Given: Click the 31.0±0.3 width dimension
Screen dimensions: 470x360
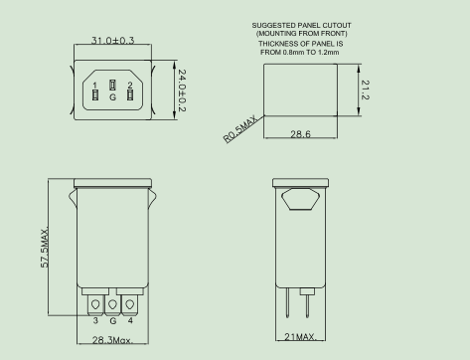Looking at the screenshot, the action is point(112,41).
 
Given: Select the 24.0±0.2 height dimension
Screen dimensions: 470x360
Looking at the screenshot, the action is point(182,90).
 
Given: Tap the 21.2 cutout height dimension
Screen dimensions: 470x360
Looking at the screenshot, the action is point(365,90).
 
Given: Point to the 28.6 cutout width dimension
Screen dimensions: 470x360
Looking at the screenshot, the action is point(300,134).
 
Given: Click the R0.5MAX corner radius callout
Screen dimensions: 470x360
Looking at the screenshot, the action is point(240,129).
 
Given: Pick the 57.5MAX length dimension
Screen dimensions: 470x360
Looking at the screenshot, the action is point(45,247).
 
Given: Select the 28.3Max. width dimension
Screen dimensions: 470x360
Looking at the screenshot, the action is point(112,340).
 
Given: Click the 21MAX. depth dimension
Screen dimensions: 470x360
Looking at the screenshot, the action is point(300,337).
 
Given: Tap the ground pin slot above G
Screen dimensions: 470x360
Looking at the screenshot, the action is point(112,85).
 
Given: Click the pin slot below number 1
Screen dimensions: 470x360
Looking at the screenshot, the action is point(95,95).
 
